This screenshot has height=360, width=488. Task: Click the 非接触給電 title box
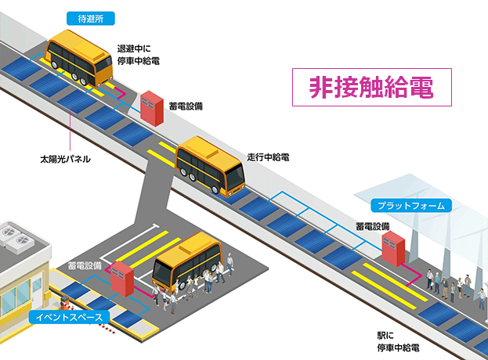pyautogui.click(x=372, y=87)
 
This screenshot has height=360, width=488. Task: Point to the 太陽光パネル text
pyautogui.click(x=66, y=159)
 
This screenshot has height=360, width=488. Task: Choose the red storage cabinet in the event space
pyautogui.click(x=121, y=279)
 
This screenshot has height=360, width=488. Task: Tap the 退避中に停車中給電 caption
pyautogui.click(x=139, y=54)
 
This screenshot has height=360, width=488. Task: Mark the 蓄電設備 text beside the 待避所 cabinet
pyautogui.click(x=186, y=105)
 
